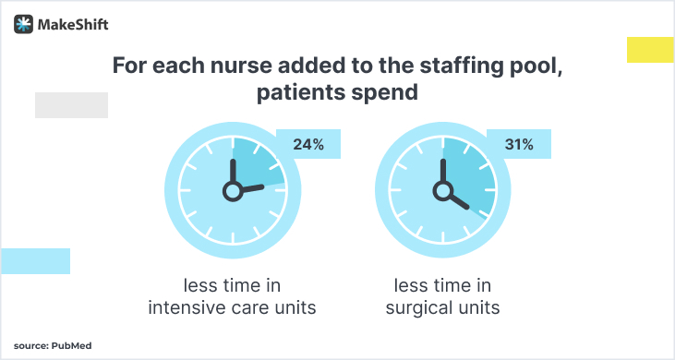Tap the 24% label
point(308,144)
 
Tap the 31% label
point(519,144)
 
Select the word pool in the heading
point(536,66)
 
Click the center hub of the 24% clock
point(232,190)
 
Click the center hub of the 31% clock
point(443,190)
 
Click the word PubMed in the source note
point(71,345)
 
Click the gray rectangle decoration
point(71,105)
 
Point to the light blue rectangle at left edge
point(35,261)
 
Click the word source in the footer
point(30,345)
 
